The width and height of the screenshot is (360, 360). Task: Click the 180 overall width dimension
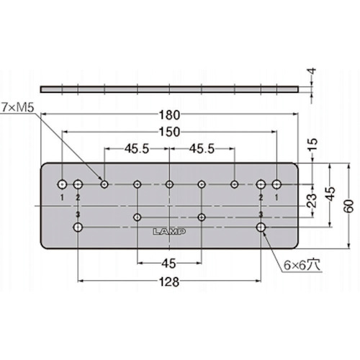tap(169, 115)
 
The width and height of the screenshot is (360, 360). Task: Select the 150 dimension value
tap(169, 132)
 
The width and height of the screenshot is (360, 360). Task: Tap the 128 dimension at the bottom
tap(169, 282)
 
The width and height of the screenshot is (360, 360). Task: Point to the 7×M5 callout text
tap(17, 108)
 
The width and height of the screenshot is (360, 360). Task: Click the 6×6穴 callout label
tap(302, 265)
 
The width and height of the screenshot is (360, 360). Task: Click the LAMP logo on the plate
tap(169, 232)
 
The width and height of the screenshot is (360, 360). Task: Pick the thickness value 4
tap(311, 71)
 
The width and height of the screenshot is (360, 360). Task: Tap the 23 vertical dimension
tap(312, 200)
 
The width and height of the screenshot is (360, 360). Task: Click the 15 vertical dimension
tap(312, 144)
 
